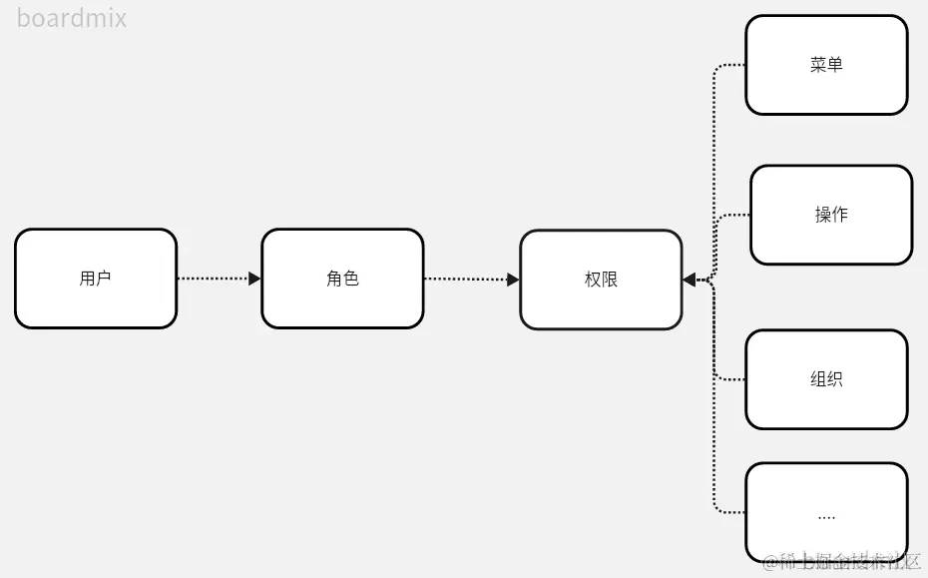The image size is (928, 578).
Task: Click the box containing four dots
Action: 826,511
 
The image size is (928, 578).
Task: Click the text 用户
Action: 96,279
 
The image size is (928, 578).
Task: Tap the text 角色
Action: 342,279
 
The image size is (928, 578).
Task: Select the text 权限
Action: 601,280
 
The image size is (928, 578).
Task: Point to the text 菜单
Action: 826,65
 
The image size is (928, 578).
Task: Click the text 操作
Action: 831,215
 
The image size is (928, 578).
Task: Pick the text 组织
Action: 826,379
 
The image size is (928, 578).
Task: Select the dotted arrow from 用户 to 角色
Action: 214,279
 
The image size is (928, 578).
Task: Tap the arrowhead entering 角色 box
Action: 254,279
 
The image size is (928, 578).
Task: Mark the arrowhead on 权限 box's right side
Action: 690,281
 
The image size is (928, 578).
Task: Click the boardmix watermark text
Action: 72,18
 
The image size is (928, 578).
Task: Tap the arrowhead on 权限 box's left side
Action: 513,280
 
